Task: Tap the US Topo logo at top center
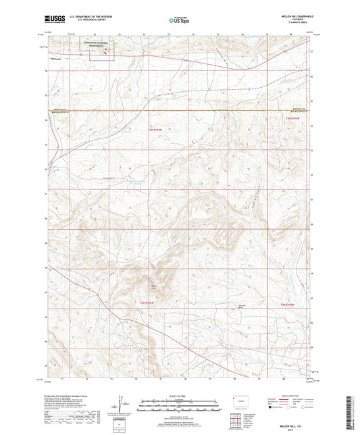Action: (x=180, y=21)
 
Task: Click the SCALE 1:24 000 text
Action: (x=180, y=395)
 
